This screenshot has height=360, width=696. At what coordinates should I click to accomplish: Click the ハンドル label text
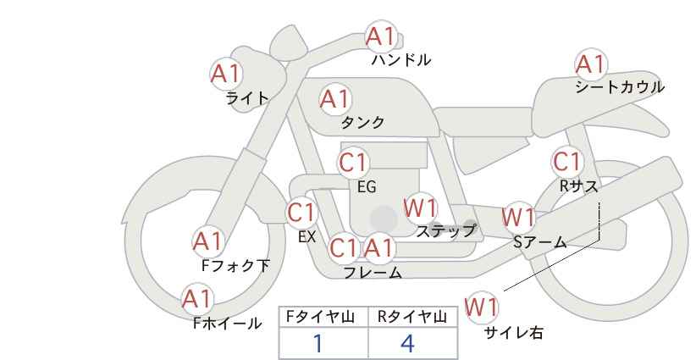[x=401, y=60]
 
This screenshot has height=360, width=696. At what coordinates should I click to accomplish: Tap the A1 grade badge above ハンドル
[x=381, y=37]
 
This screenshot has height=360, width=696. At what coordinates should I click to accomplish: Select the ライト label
[x=246, y=97]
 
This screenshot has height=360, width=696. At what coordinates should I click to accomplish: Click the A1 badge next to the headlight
[x=226, y=73]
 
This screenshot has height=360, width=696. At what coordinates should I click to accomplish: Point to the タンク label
[x=362, y=123]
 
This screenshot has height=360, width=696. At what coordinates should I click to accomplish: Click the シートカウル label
[x=619, y=87]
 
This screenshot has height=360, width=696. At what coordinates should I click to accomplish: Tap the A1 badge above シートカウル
[x=590, y=64]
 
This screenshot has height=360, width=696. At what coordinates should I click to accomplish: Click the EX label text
[x=307, y=237]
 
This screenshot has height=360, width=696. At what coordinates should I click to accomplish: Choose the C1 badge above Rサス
[x=566, y=161]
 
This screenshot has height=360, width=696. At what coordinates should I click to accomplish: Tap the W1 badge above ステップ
[x=420, y=208]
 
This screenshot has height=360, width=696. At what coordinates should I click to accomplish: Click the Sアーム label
[x=539, y=242]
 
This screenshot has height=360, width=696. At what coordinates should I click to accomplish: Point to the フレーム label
[x=373, y=273]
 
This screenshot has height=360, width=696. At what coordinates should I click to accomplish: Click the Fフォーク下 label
[x=235, y=266]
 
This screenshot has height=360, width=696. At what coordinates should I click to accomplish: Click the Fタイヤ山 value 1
[x=318, y=343]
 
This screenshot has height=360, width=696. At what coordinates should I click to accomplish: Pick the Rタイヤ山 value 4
[x=407, y=343]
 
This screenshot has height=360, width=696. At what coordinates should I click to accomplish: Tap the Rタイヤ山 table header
[x=412, y=317]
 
